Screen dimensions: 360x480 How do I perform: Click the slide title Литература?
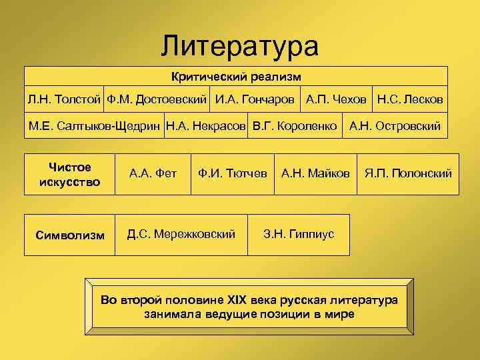coord(240,45)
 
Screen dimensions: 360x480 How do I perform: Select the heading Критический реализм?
coord(235,77)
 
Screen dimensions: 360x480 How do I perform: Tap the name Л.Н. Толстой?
coord(64,99)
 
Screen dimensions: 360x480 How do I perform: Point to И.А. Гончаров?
coord(255,99)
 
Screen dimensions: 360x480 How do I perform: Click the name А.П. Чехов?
coord(336,99)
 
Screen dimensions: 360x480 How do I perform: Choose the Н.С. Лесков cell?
coord(410,99)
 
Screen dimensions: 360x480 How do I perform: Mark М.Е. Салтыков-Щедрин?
coord(94,125)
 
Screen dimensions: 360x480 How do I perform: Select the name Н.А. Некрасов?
coord(206,125)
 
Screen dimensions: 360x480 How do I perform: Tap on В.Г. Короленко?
coord(294,125)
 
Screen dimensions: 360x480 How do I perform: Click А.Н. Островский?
coord(395,125)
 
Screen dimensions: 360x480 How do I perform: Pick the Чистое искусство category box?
coord(69,174)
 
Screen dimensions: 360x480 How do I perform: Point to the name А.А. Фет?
coord(153,174)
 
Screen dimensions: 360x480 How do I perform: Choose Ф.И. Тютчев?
coord(232,174)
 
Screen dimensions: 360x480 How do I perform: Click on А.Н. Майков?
coord(315,174)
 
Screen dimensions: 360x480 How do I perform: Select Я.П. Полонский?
coord(408,174)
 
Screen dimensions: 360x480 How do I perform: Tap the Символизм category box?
coord(69,235)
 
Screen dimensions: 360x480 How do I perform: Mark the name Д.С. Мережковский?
coord(181,234)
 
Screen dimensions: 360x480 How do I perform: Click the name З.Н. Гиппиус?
coord(299,234)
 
